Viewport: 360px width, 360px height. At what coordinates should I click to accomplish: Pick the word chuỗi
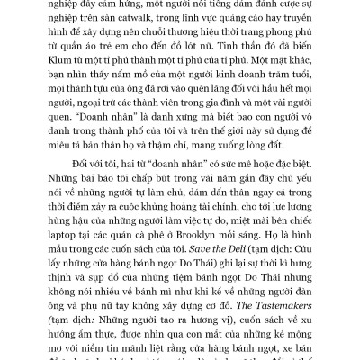pyautogui.click(x=155, y=42)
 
